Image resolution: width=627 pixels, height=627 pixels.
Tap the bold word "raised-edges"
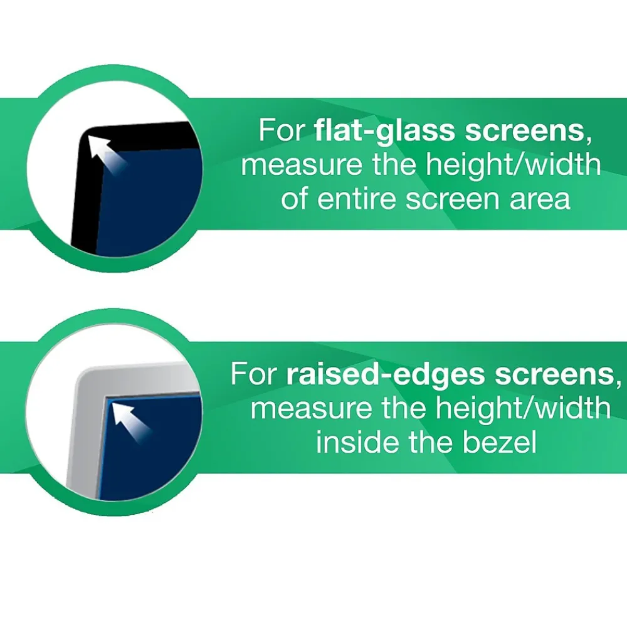pos(385,374)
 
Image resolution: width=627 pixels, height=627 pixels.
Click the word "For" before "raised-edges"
pos(254,374)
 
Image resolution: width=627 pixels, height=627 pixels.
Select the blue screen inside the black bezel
pos(157,201)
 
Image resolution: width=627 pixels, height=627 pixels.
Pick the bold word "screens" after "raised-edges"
pos(552,374)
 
